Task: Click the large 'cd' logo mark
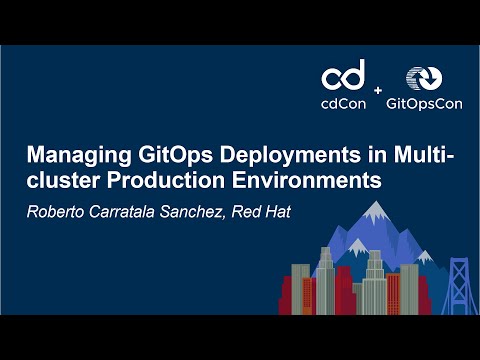(x=343, y=75)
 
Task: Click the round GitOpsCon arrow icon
(x=422, y=80)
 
